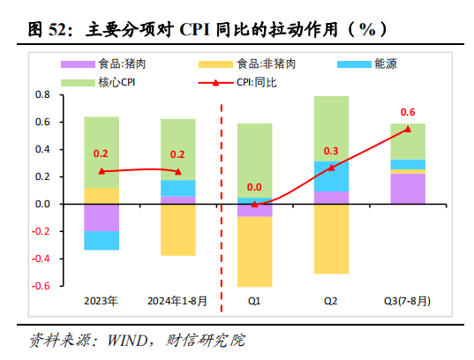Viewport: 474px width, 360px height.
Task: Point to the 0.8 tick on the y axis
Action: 41,94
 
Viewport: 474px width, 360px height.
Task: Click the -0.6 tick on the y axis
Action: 39,287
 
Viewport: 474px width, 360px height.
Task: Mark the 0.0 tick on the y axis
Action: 41,204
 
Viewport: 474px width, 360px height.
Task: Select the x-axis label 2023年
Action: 102,302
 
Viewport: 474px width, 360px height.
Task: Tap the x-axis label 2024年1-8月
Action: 177,302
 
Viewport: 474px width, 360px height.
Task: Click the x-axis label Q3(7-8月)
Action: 407,302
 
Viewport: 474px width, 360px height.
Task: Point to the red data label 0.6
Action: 408,112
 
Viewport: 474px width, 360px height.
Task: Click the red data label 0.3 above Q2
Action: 331,151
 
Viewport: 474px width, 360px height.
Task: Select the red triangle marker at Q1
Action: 254,203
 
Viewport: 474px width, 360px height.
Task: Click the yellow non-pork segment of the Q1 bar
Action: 254,251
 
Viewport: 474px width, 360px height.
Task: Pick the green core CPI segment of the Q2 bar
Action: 331,129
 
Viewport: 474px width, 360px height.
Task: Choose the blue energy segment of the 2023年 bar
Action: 102,240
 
